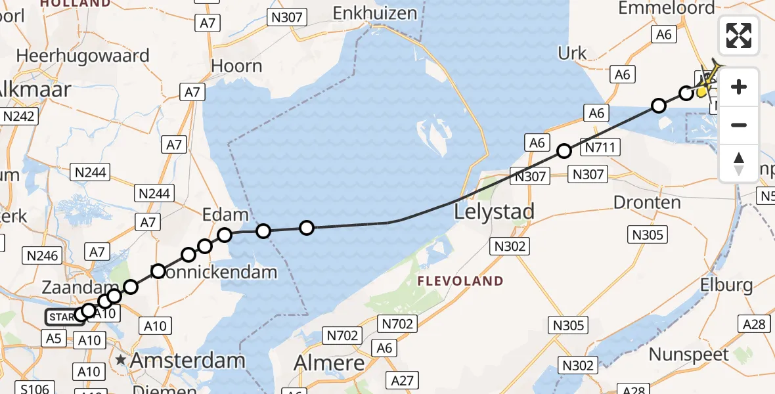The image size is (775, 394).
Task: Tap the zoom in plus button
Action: pyautogui.click(x=739, y=87)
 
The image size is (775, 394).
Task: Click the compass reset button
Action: pyautogui.click(x=739, y=164)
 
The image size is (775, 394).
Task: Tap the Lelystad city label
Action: pyautogui.click(x=495, y=211)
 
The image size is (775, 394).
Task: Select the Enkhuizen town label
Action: pyautogui.click(x=375, y=12)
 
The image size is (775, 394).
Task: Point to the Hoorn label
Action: pyautogui.click(x=237, y=66)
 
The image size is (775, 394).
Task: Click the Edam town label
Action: pyautogui.click(x=225, y=214)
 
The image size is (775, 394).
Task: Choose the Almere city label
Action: pyautogui.click(x=329, y=362)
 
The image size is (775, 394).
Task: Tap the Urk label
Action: pyautogui.click(x=572, y=53)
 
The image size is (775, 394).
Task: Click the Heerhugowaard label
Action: pyautogui.click(x=83, y=55)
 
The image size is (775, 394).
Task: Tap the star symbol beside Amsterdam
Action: pyautogui.click(x=121, y=360)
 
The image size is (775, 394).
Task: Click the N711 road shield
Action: pyautogui.click(x=600, y=148)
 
